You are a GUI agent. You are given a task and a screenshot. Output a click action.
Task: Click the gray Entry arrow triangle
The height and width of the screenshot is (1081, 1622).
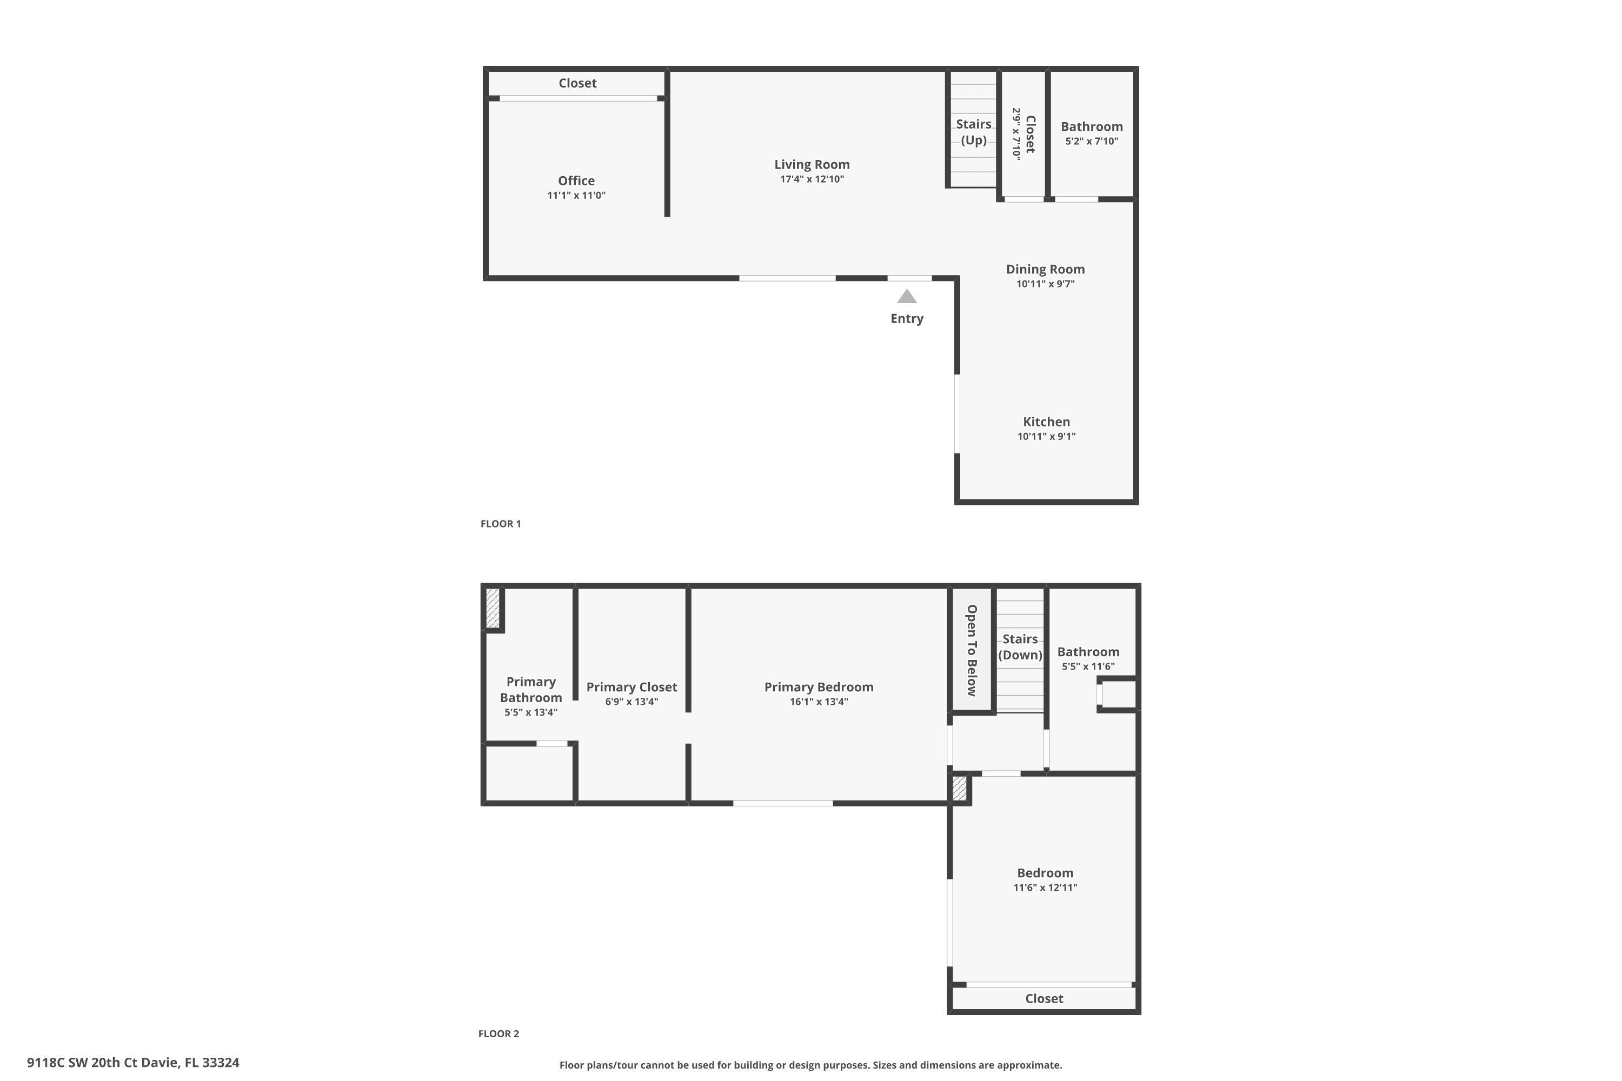pyautogui.click(x=907, y=297)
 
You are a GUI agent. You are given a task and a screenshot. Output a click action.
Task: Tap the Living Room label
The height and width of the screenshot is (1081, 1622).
pyautogui.click(x=812, y=164)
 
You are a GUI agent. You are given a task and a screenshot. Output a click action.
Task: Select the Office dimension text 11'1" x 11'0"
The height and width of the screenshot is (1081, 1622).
pyautogui.click(x=576, y=196)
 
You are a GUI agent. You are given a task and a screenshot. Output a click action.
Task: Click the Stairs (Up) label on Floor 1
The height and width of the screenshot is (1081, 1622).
pyautogui.click(x=973, y=132)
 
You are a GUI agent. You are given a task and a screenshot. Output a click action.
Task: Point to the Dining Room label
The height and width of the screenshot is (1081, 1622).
pyautogui.click(x=1045, y=269)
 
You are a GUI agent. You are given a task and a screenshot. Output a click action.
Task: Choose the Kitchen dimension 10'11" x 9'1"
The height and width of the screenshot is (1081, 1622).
pyautogui.click(x=1046, y=436)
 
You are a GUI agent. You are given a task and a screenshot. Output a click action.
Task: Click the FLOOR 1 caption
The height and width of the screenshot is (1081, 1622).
pyautogui.click(x=501, y=524)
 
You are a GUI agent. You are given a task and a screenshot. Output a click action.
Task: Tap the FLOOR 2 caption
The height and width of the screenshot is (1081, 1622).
pyautogui.click(x=498, y=1033)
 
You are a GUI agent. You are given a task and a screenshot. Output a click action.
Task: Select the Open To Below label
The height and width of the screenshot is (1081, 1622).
pyautogui.click(x=972, y=650)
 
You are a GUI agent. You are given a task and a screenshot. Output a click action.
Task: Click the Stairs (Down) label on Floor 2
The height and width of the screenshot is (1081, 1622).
pyautogui.click(x=1020, y=646)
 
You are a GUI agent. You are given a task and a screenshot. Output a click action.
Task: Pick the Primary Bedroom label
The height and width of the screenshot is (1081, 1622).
pyautogui.click(x=819, y=686)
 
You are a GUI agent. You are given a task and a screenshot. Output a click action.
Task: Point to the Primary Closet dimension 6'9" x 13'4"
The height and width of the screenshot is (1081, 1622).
pyautogui.click(x=631, y=702)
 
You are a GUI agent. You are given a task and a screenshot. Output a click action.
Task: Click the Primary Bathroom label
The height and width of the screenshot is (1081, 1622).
pyautogui.click(x=530, y=690)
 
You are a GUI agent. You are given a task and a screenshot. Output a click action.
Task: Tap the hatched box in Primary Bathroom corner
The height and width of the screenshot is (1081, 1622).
pyautogui.click(x=493, y=608)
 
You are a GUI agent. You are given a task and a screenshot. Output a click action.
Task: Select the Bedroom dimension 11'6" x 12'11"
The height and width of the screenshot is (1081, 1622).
pyautogui.click(x=1045, y=888)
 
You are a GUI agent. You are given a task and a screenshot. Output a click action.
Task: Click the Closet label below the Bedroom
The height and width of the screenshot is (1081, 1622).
pyautogui.click(x=1043, y=998)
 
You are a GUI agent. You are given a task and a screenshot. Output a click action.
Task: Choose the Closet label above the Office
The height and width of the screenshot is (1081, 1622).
pyautogui.click(x=577, y=83)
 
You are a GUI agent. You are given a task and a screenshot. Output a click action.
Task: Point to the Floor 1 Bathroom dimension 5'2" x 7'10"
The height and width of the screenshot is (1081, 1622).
pyautogui.click(x=1092, y=141)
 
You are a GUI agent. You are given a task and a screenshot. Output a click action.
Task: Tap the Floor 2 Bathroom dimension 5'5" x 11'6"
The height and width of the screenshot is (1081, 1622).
pyautogui.click(x=1087, y=666)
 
